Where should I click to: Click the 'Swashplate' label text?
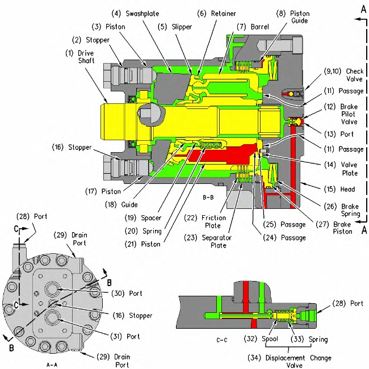pos(142,14)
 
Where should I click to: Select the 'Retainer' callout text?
pos(223,14)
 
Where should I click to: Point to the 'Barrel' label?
pos(260,27)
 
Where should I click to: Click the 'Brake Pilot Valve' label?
pos(349,114)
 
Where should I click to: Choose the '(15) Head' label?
pos(339,189)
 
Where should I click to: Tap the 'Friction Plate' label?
pos(213,221)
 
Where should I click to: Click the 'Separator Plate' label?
pos(216,241)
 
